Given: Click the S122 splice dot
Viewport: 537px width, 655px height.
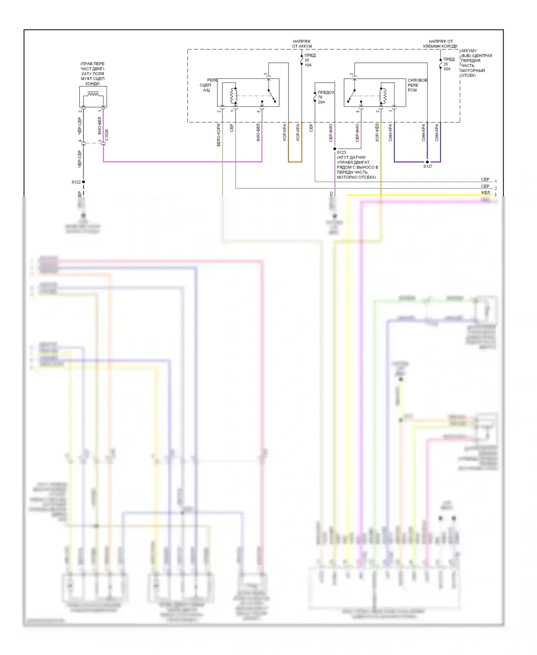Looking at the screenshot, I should [x=83, y=182].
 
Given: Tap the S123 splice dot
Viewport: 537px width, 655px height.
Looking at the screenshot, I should [x=335, y=149].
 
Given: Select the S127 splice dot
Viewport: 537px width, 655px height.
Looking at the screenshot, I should [x=427, y=162].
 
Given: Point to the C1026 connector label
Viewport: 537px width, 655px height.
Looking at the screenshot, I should [x=107, y=135].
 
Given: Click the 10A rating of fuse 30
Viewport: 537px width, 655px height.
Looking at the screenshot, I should [x=308, y=65].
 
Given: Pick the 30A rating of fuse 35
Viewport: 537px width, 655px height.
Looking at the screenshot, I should [x=447, y=69].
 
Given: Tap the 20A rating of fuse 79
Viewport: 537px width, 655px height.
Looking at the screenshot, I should [x=321, y=102].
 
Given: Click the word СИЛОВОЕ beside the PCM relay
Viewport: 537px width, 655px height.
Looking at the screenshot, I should [x=417, y=80].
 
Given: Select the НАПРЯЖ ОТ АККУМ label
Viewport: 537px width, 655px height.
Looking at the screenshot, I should [x=302, y=44].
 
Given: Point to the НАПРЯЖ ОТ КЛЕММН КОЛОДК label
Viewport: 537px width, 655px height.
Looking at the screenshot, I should [x=440, y=44].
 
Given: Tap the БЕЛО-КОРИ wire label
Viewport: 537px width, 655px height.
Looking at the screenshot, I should [x=219, y=135].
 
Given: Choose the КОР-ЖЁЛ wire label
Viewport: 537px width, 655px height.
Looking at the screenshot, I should [x=377, y=132].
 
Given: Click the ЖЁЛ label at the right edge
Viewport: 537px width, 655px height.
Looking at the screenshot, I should [x=485, y=193].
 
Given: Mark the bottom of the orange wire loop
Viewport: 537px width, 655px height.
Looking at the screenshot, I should [x=295, y=162].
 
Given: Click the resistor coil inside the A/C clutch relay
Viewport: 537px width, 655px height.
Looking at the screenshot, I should [x=233, y=96].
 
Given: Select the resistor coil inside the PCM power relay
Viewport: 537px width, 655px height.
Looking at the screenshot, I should [x=383, y=96].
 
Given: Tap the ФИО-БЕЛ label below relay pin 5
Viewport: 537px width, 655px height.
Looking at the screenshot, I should [x=258, y=132].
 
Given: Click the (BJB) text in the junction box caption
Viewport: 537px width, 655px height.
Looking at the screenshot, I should [x=466, y=56].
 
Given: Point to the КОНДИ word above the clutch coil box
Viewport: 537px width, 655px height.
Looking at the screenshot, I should [x=93, y=83].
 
